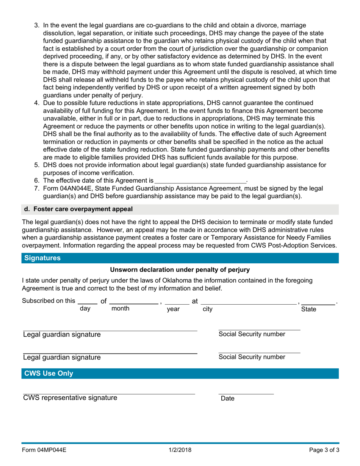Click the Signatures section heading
tap(42, 258)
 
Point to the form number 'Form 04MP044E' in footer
tap(44, 450)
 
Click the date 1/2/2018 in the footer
tap(180, 450)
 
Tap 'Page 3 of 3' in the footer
tap(322, 450)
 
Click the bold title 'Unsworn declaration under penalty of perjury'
tap(180, 270)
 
